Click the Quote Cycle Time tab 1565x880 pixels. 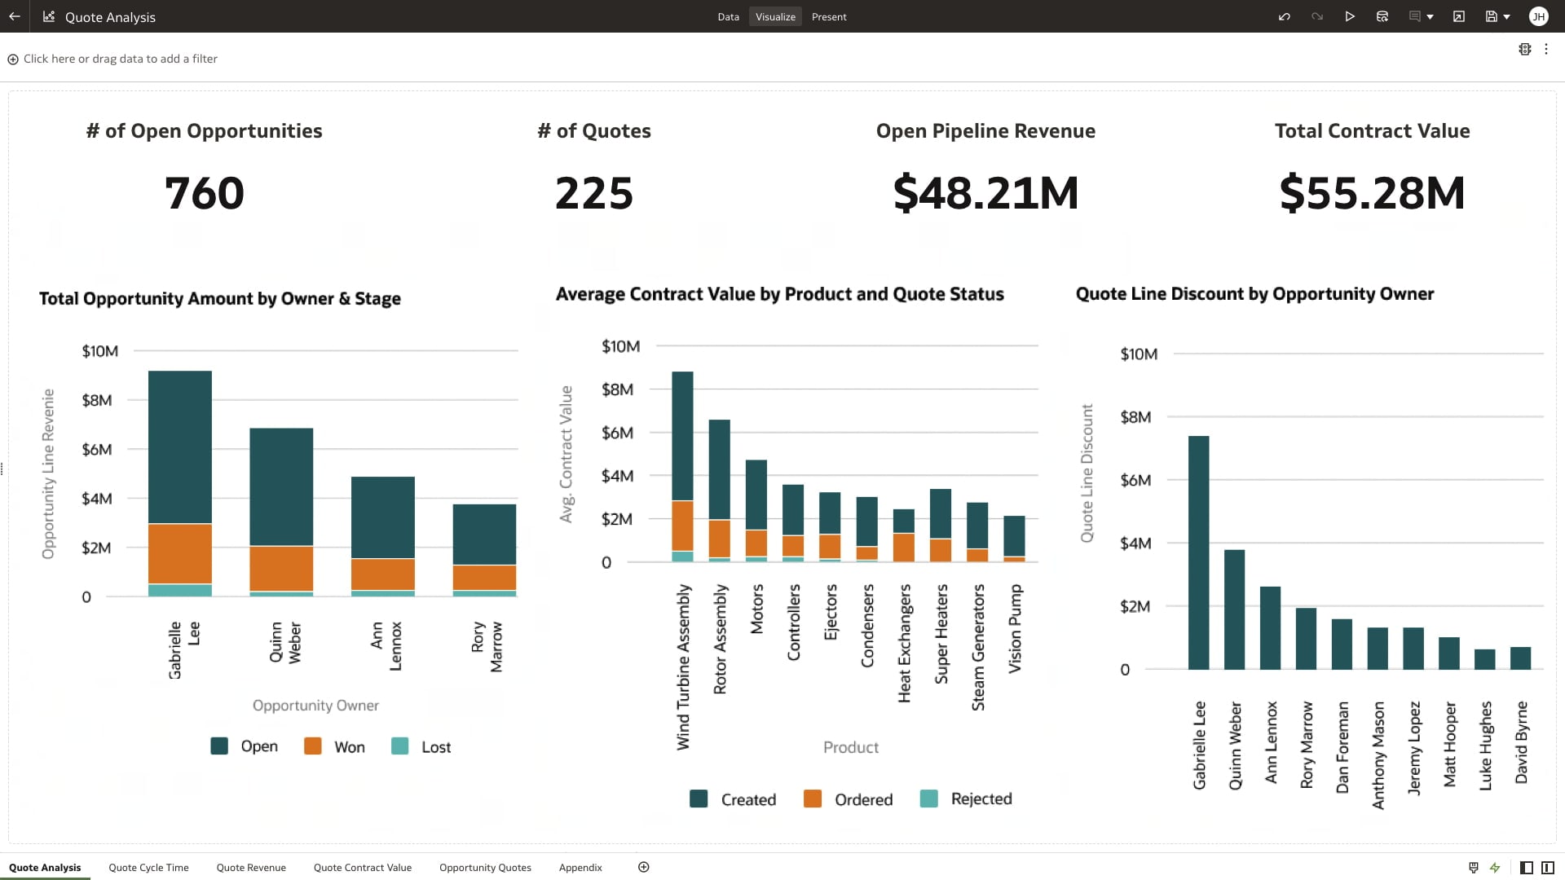[x=148, y=868]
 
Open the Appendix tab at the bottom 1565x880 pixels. [x=580, y=868]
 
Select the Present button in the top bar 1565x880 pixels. [x=829, y=17]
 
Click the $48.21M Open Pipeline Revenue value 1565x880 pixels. [x=985, y=193]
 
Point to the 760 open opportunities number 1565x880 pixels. [x=204, y=193]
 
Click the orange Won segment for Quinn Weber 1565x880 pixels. [x=281, y=568]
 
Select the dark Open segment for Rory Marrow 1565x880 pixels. [x=484, y=534]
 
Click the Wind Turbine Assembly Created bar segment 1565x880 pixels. [x=682, y=436]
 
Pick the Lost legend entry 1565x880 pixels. [x=421, y=746]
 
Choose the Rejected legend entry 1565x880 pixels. [x=967, y=799]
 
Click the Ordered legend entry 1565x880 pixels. [x=849, y=799]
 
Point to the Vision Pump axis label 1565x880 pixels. [x=1015, y=628]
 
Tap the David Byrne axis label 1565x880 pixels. [x=1521, y=742]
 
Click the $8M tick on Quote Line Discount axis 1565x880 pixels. [x=1135, y=417]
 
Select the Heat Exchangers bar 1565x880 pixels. [x=904, y=535]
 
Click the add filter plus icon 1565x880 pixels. [x=13, y=59]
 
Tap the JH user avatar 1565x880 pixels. [x=1538, y=17]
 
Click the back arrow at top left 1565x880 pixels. [x=15, y=17]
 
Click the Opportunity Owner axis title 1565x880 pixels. [x=315, y=706]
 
